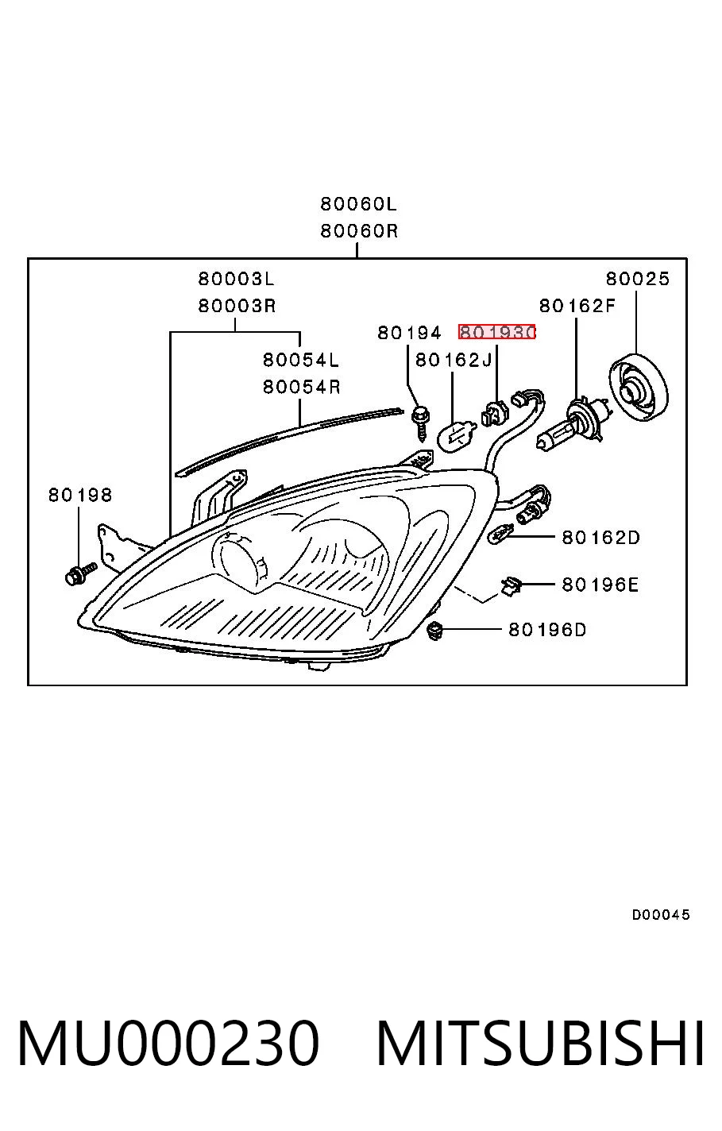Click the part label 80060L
point(358,204)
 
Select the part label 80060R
point(359,231)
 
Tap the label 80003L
point(236,279)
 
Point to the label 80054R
point(301,387)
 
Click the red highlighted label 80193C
point(496,332)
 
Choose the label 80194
point(410,333)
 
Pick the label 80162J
point(454,360)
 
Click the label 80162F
point(577,306)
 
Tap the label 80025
point(638,279)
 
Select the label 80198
point(79,495)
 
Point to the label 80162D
point(600,537)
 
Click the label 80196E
point(600,585)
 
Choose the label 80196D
point(547,630)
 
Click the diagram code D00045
point(661,914)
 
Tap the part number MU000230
point(168,1043)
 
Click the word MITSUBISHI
point(540,1043)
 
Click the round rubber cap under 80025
point(639,387)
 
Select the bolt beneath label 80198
point(80,573)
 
